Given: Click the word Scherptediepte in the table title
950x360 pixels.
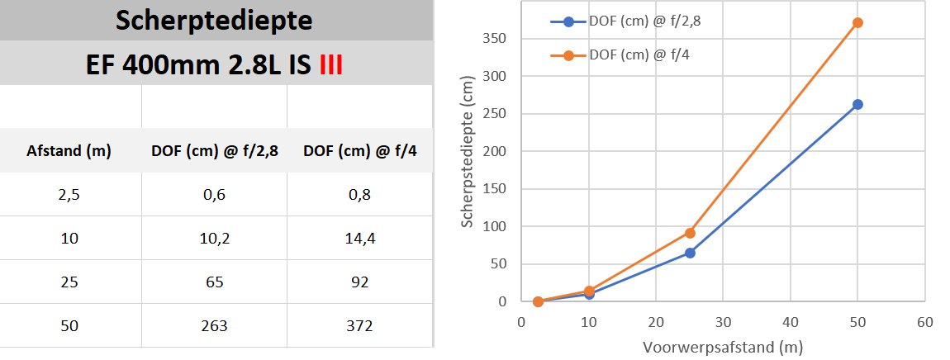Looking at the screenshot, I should pyautogui.click(x=215, y=21).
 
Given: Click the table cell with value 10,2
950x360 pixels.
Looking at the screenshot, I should pyautogui.click(x=215, y=239).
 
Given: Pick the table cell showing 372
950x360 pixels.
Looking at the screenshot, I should pyautogui.click(x=359, y=326).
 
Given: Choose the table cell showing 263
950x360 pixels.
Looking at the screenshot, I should pyautogui.click(x=215, y=326).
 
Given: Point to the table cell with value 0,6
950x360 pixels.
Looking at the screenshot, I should pyautogui.click(x=215, y=196).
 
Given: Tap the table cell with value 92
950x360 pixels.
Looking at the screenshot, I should pyautogui.click(x=359, y=282).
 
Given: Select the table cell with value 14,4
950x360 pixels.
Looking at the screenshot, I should pyautogui.click(x=359, y=239).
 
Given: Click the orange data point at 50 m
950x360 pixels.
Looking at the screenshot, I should pyautogui.click(x=857, y=22).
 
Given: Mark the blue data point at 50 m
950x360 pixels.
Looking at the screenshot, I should pyautogui.click(x=857, y=104).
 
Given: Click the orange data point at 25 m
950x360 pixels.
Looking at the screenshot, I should pyautogui.click(x=690, y=233).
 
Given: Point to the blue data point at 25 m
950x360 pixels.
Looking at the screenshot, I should pyautogui.click(x=690, y=253).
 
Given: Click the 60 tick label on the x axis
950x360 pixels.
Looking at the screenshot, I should pyautogui.click(x=924, y=322).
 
